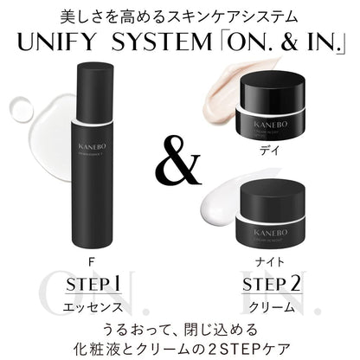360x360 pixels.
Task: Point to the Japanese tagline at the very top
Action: tap(180, 15)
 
